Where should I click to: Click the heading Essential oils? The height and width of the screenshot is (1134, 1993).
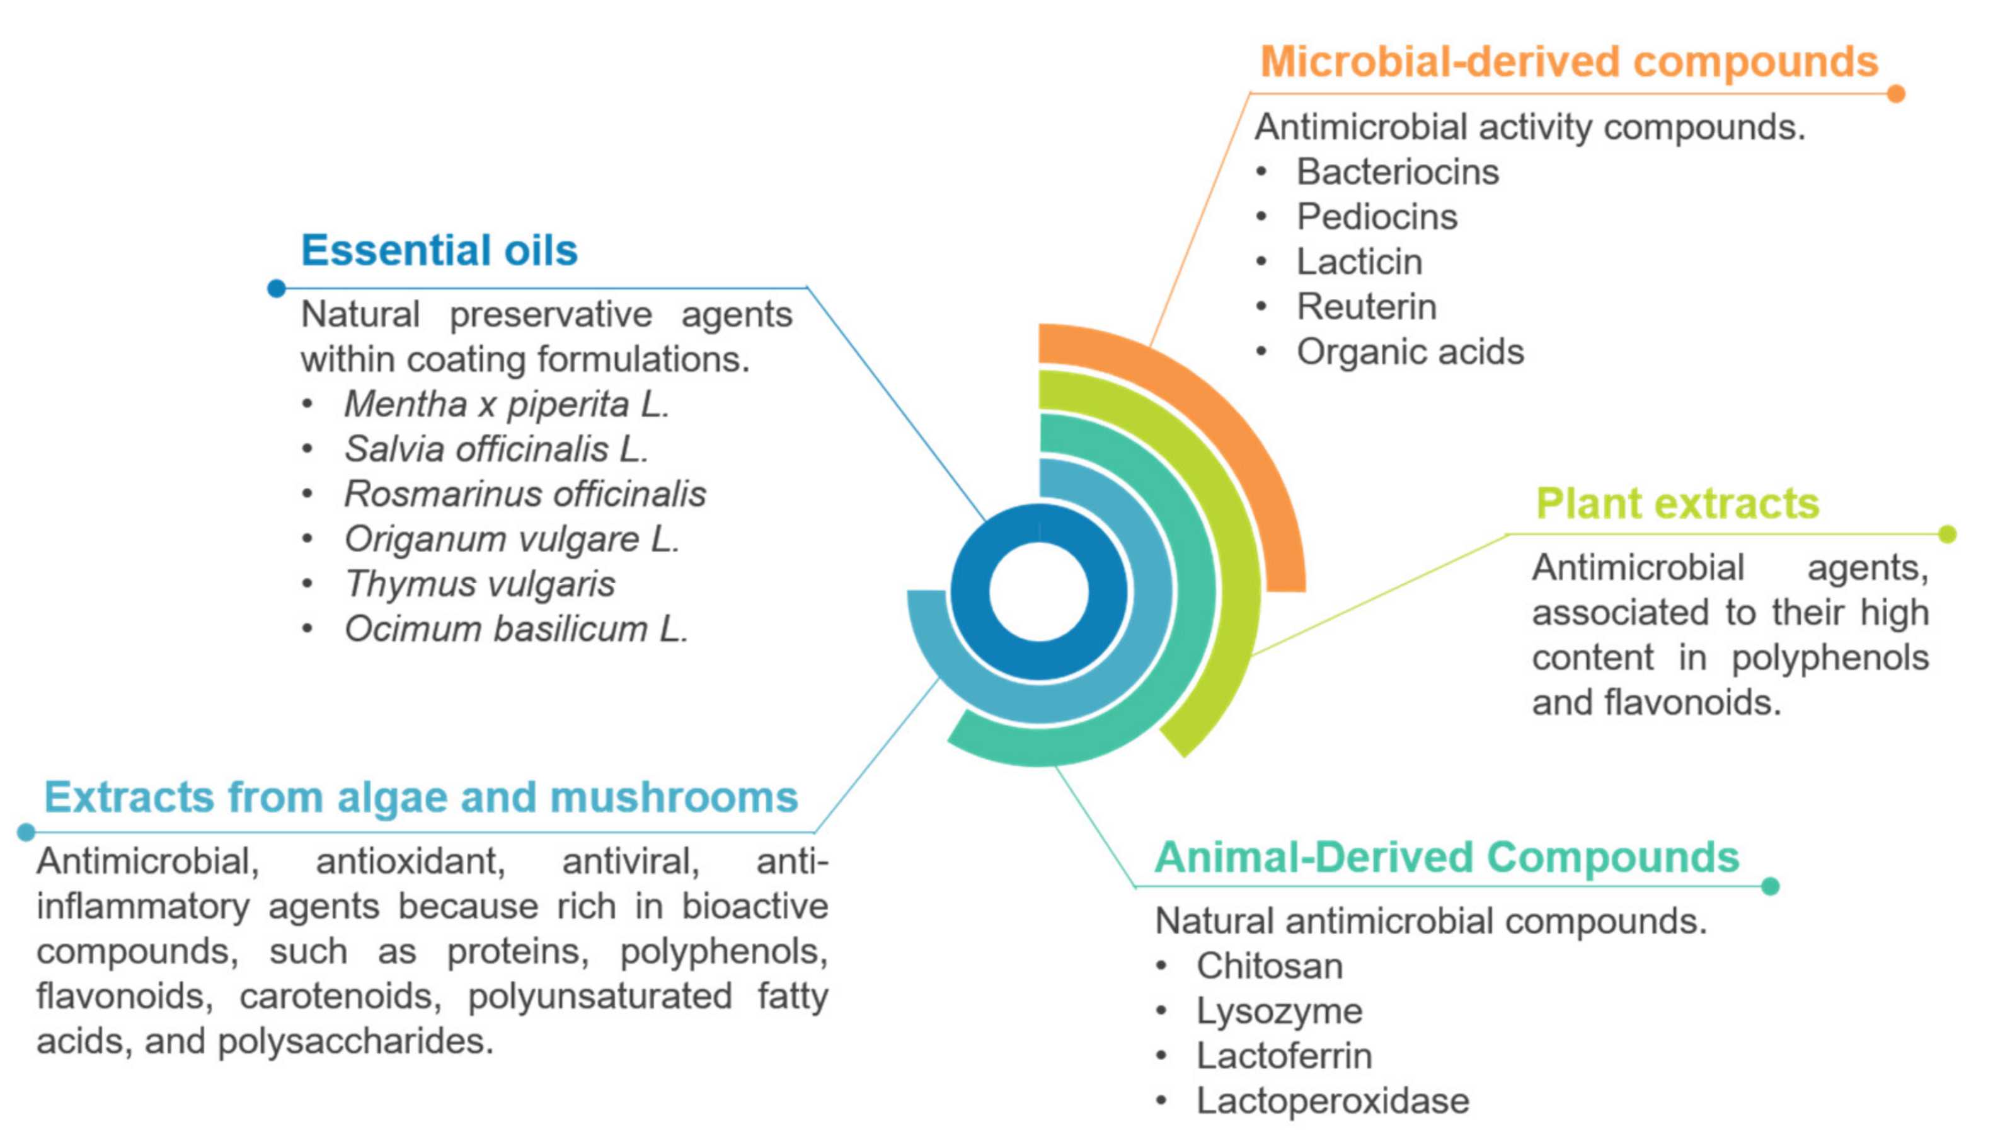[439, 250]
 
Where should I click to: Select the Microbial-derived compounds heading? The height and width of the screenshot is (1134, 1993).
[1569, 62]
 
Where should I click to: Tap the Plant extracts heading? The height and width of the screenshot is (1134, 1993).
[1677, 503]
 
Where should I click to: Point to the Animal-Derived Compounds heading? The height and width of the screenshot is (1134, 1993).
[1447, 857]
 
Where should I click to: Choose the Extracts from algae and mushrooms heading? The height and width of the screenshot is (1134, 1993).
[421, 797]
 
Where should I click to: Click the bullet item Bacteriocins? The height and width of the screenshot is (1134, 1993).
[1398, 171]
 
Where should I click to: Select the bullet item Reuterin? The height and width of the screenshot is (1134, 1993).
[1366, 306]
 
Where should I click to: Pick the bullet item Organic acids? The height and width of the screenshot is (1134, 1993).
[1410, 351]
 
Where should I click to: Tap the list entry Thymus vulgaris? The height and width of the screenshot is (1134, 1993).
[480, 584]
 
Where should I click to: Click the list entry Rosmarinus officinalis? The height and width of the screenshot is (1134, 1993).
[526, 494]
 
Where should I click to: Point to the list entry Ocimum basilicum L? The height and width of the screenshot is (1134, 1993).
[516, 628]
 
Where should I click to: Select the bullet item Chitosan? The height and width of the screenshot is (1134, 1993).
[1270, 966]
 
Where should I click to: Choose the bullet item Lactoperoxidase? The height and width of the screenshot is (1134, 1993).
[1333, 1101]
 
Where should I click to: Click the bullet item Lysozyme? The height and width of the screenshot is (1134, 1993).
[1279, 1011]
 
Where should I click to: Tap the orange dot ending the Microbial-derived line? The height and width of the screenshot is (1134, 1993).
[1897, 93]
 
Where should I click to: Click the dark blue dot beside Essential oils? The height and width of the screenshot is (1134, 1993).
[277, 288]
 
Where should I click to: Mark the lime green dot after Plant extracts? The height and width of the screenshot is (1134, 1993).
[1947, 535]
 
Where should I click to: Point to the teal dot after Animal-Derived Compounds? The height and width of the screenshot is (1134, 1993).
[1771, 886]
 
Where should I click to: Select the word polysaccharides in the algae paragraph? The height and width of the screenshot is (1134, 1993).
[354, 1041]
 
